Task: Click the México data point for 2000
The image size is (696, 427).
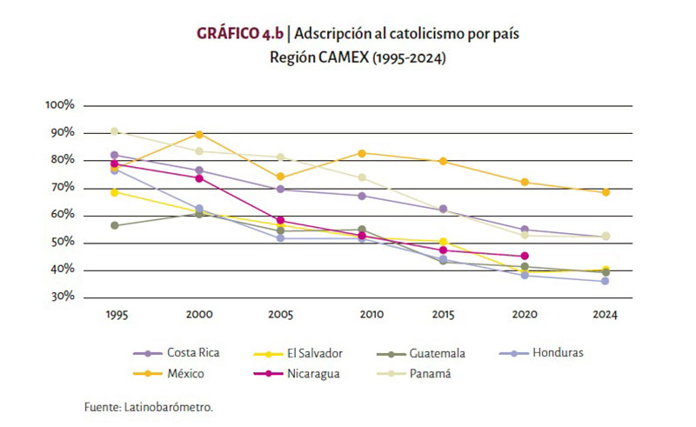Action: [199, 134]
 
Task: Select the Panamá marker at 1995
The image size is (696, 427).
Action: [115, 131]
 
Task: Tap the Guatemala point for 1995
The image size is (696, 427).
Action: [115, 225]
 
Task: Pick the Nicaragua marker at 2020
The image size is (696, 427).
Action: [525, 257]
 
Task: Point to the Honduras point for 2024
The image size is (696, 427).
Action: [606, 281]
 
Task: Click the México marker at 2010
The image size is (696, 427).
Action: [362, 153]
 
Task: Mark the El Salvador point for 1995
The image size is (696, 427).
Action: [115, 192]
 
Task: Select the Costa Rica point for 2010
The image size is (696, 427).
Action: [362, 196]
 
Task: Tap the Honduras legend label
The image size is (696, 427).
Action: [558, 353]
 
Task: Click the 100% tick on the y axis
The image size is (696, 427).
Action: [61, 105]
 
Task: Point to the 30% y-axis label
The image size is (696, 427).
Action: [63, 297]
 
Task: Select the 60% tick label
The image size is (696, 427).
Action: [63, 216]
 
